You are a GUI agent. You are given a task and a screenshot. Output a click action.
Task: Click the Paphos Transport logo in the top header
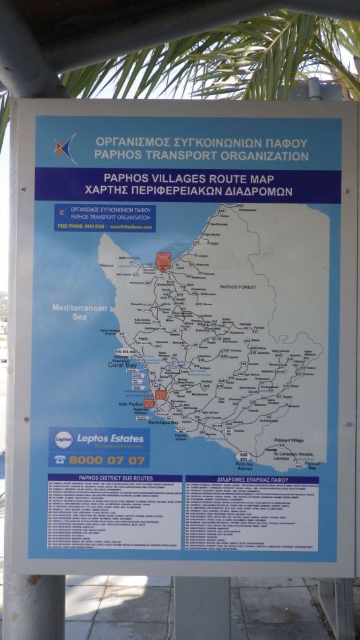[x=66, y=148]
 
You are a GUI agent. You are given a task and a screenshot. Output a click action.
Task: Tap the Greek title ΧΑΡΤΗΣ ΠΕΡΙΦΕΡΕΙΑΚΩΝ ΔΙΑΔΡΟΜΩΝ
[x=179, y=191]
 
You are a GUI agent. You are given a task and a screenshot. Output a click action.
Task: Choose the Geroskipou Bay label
[x=163, y=422]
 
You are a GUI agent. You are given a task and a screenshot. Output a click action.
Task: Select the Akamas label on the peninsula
[x=107, y=265]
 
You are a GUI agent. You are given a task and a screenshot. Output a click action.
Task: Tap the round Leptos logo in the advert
[x=63, y=439]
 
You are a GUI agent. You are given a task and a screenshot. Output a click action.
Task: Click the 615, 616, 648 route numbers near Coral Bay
[x=125, y=352]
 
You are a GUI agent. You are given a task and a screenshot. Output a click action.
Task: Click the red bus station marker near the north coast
[x=162, y=259]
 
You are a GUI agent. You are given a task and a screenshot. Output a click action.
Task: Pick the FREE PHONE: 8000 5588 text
[x=81, y=226]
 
